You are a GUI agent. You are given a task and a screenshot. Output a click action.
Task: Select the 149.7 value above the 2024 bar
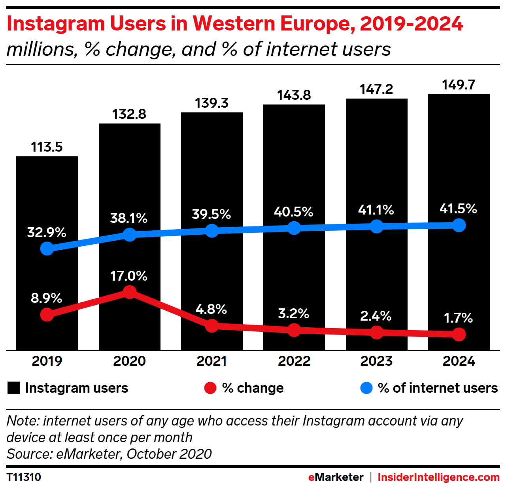[x=459, y=85]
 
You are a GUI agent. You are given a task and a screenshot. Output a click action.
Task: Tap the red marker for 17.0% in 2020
[x=129, y=293]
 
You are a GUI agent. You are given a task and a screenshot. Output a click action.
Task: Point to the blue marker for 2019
[x=47, y=249]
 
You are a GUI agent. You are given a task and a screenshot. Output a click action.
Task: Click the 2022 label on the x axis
[x=294, y=361]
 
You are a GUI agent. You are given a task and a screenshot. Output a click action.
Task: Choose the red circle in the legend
[x=210, y=388]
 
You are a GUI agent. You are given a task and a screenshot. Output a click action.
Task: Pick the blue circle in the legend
[x=366, y=388]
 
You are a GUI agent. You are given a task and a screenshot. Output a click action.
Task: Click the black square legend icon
[x=14, y=388]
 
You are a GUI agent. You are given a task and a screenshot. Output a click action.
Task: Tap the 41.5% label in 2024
[x=458, y=209]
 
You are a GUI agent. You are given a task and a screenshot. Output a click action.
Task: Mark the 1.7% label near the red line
[x=458, y=318]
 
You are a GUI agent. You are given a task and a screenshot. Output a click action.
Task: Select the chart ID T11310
[x=24, y=477]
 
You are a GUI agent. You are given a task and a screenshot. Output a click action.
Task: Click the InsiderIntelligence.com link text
[x=438, y=477]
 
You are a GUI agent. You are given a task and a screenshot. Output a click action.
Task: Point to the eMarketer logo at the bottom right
[x=336, y=477]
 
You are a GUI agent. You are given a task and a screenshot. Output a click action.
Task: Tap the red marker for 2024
[x=459, y=334]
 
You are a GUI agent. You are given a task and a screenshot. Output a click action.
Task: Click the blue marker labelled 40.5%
[x=294, y=228]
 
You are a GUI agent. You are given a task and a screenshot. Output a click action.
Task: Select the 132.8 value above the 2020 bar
[x=129, y=114]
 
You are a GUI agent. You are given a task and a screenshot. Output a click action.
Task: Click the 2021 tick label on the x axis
[x=211, y=361]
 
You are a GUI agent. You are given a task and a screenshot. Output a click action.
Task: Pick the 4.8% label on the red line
[x=211, y=309]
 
